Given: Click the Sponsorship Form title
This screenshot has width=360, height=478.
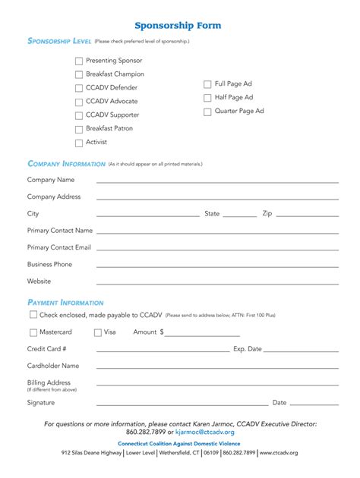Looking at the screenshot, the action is point(178,25).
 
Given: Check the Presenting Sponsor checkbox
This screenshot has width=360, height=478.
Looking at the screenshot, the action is point(79,61).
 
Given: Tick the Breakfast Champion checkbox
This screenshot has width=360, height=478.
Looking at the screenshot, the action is point(79,74).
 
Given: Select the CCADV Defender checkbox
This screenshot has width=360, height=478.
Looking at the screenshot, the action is point(79,88).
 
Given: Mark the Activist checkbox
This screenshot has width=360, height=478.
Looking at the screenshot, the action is point(79,143).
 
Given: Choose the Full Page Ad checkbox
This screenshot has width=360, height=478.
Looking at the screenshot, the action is point(207,84).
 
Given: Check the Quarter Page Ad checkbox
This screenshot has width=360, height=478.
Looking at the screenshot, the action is point(207,112).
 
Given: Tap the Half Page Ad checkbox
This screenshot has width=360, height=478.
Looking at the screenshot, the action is point(207,98).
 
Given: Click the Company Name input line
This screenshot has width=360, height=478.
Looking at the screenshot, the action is point(216,182).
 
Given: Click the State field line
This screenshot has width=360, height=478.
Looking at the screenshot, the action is point(240,216).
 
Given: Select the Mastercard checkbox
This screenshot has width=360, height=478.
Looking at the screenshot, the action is point(33,332).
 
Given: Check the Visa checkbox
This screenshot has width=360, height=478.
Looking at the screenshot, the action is point(98,332).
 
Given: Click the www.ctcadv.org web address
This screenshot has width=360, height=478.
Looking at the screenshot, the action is point(279,453).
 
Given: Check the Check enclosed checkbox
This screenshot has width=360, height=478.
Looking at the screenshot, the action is point(33,314).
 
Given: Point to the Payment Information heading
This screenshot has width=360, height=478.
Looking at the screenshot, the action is point(65,303).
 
